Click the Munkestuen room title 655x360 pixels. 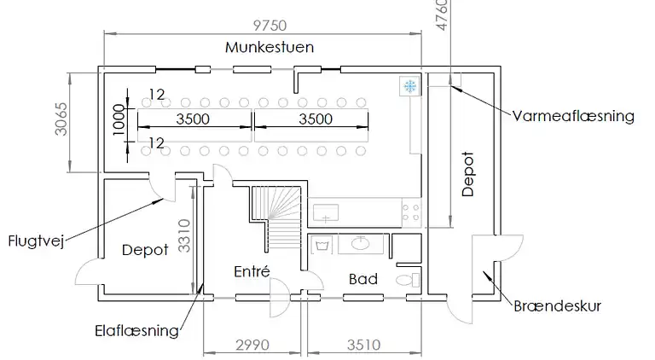click(270, 47)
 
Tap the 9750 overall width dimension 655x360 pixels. click(270, 26)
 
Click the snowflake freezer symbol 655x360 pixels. click(409, 86)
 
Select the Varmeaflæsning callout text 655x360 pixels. click(573, 116)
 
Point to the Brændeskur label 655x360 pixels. click(557, 306)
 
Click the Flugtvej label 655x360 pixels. click(37, 241)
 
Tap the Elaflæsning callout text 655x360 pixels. click(137, 331)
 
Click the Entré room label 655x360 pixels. click(252, 271)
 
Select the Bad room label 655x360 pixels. click(363, 279)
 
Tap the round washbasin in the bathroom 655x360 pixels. click(360, 242)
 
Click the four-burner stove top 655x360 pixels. click(410, 212)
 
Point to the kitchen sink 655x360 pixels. click(326, 213)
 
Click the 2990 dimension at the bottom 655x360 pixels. click(252, 345)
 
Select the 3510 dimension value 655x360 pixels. click(364, 345)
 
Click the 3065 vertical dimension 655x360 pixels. click(61, 119)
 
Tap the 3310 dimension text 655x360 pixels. click(184, 236)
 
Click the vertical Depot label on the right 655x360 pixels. click(468, 174)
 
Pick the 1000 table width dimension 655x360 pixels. click(119, 120)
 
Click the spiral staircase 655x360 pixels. click(275, 218)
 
